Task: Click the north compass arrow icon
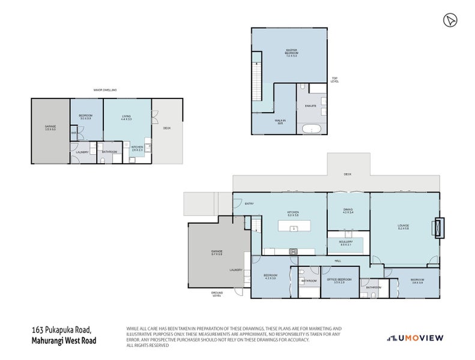pyautogui.click(x=447, y=20)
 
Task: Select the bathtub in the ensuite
pyautogui.click(x=312, y=129)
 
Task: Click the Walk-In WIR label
pyautogui.click(x=263, y=122)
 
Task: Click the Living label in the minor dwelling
pyautogui.click(x=126, y=118)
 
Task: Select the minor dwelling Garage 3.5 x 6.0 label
pyautogui.click(x=50, y=127)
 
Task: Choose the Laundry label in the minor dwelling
pyautogui.click(x=82, y=152)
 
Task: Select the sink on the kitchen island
pyautogui.click(x=294, y=228)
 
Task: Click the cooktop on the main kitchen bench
pyautogui.click(x=294, y=251)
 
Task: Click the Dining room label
pyautogui.click(x=348, y=211)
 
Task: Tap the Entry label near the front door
pyautogui.click(x=249, y=204)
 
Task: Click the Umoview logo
pyautogui.click(x=415, y=338)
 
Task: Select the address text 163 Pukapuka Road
pyautogui.click(x=61, y=329)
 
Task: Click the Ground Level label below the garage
pyautogui.click(x=217, y=294)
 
